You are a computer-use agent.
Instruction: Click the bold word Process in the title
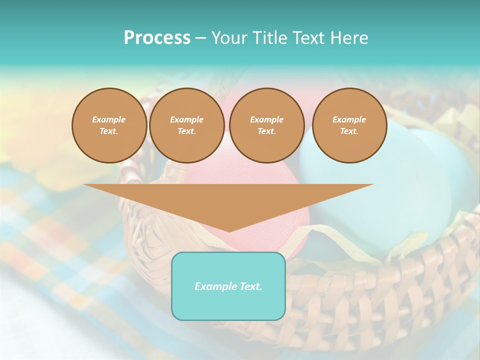[157, 38]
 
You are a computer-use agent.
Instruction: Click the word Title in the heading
[270, 38]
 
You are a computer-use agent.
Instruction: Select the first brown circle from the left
[109, 125]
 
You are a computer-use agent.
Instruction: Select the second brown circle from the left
[186, 125]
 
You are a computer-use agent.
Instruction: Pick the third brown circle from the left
[266, 125]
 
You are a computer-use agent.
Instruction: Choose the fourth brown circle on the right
[349, 125]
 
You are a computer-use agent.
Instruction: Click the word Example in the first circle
[109, 119]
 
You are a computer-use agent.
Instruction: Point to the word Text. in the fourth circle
[349, 131]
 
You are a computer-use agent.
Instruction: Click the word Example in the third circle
[266, 119]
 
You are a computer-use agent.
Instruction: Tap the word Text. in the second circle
[186, 131]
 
